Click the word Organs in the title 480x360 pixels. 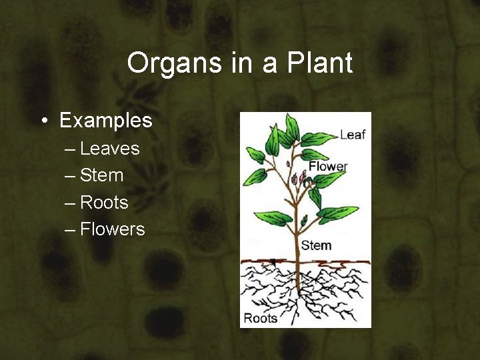coord(166,63)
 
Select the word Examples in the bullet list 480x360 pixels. coord(106,121)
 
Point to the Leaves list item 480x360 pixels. coord(109,149)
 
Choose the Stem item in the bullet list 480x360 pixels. coord(101,175)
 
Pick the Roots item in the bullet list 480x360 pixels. coord(104,202)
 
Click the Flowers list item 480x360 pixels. coord(112,229)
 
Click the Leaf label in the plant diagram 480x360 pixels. coord(353,135)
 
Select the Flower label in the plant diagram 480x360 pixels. coord(328,166)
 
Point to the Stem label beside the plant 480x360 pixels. coord(316,245)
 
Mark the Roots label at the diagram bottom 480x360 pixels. coord(260,318)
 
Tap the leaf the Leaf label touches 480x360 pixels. coord(319,139)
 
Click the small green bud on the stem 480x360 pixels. coord(304,221)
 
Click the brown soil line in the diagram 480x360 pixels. coord(333,261)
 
